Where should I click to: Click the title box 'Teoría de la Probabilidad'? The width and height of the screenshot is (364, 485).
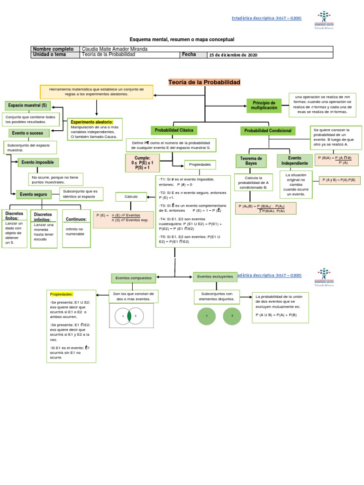[x=205, y=82]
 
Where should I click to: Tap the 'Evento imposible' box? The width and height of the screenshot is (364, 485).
[x=38, y=162]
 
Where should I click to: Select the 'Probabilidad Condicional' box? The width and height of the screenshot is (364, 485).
[x=268, y=131]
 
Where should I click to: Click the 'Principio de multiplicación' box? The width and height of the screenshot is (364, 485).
[x=264, y=106]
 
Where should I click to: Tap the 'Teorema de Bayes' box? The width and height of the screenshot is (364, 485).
[x=251, y=161]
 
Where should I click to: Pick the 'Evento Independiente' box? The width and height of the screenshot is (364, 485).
[x=295, y=161]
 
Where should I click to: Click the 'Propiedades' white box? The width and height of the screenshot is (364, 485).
[x=200, y=164]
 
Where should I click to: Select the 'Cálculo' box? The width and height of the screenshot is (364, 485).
[x=131, y=196]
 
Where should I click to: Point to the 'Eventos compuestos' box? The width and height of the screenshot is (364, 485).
[x=132, y=278]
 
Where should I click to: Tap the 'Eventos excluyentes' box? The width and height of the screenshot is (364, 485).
[x=215, y=276]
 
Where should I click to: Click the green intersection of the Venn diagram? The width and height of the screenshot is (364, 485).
[x=129, y=315]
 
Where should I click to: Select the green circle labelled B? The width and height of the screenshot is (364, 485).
[x=232, y=315]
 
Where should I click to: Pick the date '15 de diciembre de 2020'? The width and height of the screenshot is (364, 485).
[x=233, y=55]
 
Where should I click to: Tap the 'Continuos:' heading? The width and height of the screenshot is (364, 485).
[x=76, y=219]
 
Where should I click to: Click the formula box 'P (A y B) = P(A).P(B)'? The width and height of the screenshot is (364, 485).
[x=339, y=180]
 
